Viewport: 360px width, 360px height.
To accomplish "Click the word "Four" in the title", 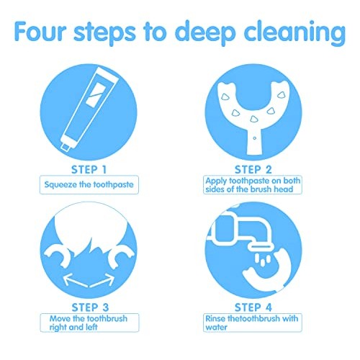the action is [x=40, y=31].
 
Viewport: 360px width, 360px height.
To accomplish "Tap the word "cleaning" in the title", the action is [x=294, y=33].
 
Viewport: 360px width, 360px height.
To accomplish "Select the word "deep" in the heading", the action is [x=205, y=33].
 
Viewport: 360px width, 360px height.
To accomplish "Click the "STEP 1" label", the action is [x=89, y=170].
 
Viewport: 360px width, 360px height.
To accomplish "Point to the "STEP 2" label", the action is [x=253, y=170].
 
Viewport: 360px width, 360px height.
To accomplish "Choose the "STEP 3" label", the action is [x=90, y=307].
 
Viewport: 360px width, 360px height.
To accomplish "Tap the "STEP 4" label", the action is [x=253, y=307].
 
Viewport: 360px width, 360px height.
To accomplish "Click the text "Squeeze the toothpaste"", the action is [x=89, y=184].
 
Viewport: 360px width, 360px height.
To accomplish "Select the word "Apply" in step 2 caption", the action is [x=216, y=181].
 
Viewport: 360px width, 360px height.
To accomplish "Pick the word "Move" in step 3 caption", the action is [x=60, y=319].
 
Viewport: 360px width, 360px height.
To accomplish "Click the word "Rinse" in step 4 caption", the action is [x=215, y=319].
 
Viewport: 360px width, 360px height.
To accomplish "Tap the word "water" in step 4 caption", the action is [x=216, y=327].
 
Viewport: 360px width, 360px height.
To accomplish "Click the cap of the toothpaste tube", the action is [x=66, y=146].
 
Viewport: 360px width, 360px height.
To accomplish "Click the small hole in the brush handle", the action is [x=255, y=138].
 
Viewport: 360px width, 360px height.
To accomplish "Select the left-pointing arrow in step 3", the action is [x=76, y=281].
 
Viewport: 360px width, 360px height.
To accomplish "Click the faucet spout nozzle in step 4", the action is [x=261, y=248].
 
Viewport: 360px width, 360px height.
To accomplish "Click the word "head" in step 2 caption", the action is [x=283, y=189].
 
